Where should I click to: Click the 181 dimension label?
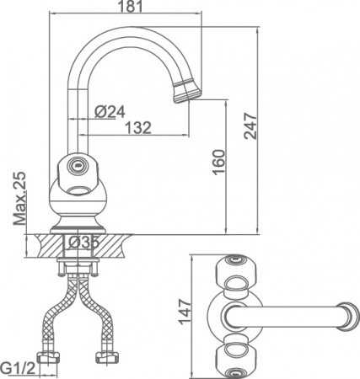tap(130, 6)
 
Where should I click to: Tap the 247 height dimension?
tap(250, 125)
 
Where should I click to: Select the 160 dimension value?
tap(219, 162)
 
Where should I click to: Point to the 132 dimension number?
tap(138, 128)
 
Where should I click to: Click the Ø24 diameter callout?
tap(110, 112)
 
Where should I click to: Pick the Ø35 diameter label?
tap(83, 243)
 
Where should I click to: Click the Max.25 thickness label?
tap(20, 198)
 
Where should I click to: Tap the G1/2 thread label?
tap(19, 368)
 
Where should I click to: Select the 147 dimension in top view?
tap(185, 312)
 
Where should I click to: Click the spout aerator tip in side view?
tap(186, 91)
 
